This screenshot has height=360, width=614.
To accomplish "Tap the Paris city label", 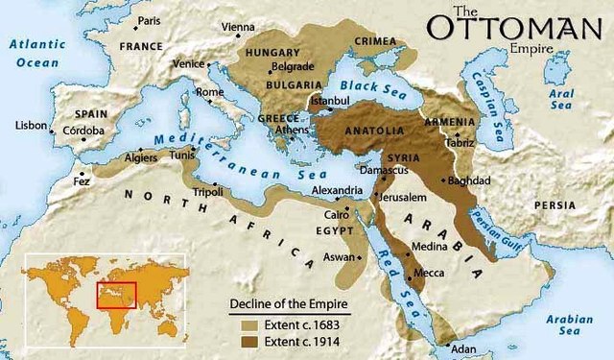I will [149, 20].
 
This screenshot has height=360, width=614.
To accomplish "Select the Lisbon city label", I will [30, 126].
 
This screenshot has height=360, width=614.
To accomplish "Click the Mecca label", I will [429, 274].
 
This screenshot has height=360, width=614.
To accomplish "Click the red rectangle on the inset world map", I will [117, 295].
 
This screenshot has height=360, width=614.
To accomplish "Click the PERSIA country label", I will [555, 204].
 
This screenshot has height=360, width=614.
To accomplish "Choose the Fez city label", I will [83, 180].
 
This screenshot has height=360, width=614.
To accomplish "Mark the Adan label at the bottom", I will [463, 349].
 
